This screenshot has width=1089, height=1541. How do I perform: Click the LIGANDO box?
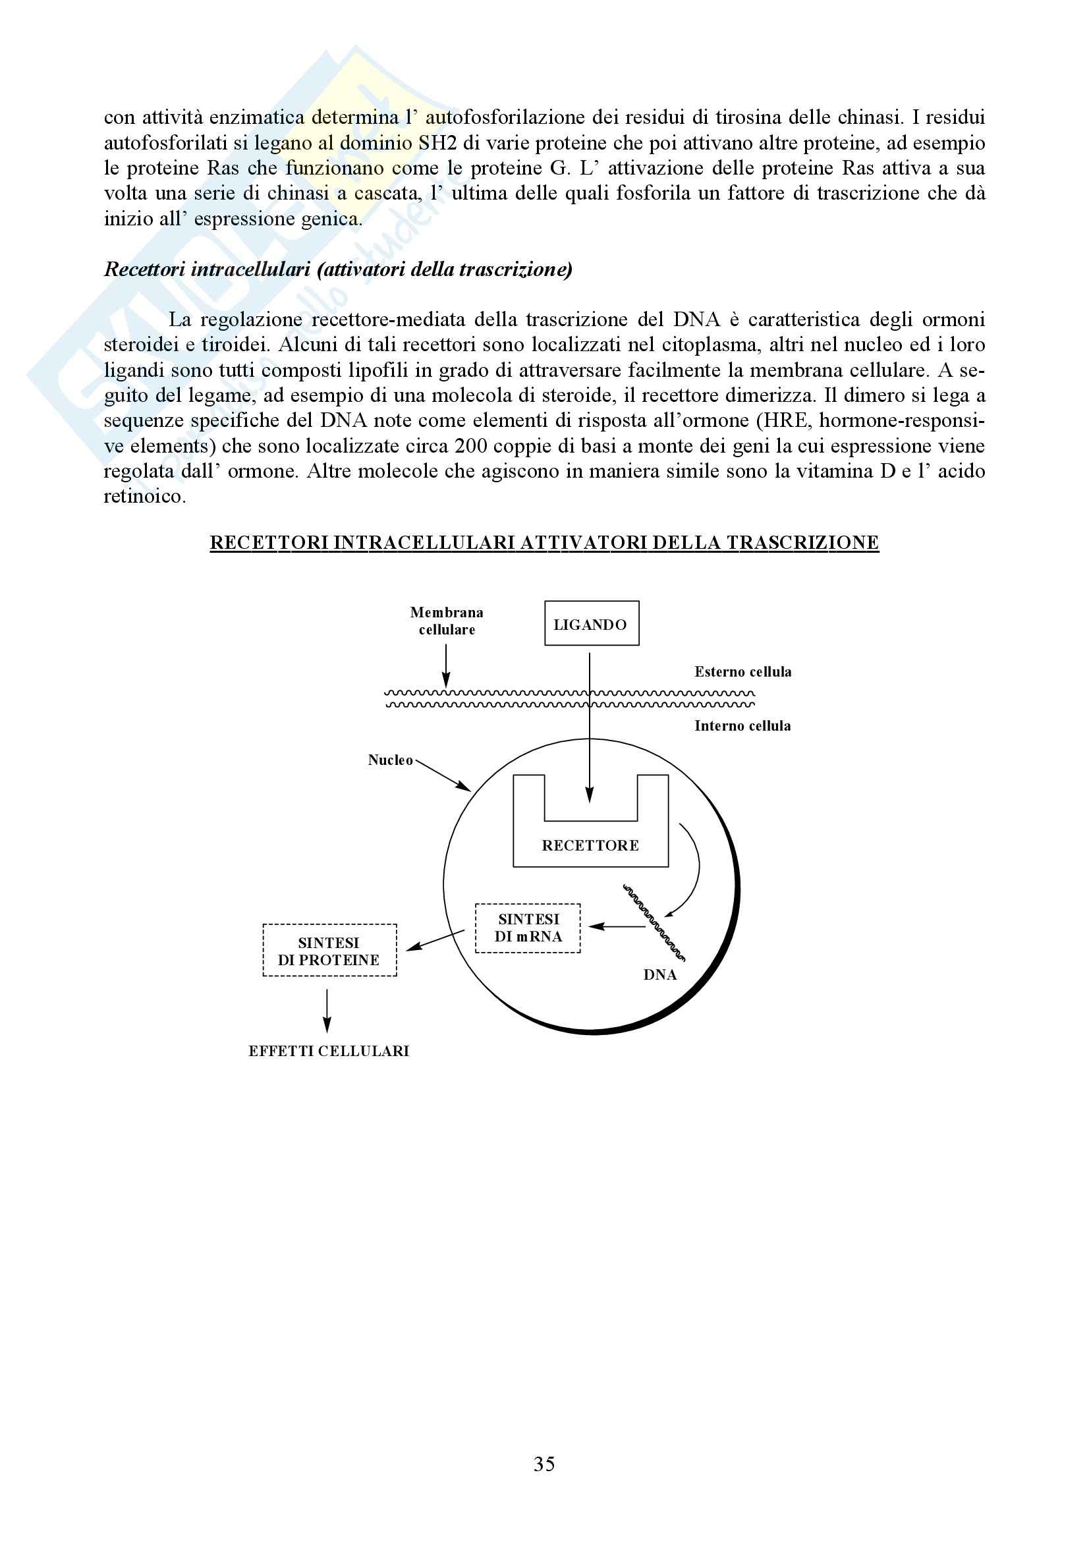tap(591, 623)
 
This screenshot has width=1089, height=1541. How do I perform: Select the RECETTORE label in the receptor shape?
tap(590, 846)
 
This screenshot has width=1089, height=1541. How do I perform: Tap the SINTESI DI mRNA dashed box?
tap(528, 928)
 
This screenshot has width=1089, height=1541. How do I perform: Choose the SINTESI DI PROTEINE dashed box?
tap(329, 951)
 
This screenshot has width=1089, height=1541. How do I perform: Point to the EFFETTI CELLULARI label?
tap(329, 1051)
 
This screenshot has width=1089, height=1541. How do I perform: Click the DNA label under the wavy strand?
tap(659, 975)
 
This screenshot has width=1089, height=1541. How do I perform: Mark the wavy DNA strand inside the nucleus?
tap(654, 922)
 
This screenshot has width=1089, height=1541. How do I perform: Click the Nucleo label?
tap(390, 760)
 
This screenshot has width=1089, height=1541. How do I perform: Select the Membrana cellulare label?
tap(447, 621)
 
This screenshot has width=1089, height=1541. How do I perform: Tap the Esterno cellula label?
tap(742, 672)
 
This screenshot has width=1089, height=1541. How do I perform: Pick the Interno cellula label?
tap(742, 725)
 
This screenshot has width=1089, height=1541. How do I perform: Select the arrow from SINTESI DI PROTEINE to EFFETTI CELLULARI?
tap(327, 1011)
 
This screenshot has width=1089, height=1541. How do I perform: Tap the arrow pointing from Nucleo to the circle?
tap(443, 775)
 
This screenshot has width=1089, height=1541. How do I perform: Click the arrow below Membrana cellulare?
tap(446, 667)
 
